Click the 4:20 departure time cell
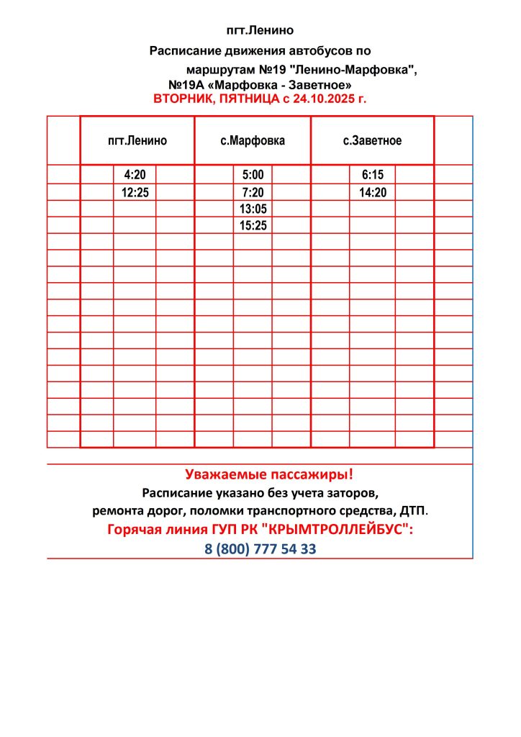click(135, 175)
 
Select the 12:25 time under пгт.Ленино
click(135, 192)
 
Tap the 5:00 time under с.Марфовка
click(253, 175)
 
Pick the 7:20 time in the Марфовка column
click(253, 192)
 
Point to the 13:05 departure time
click(253, 209)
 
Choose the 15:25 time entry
click(253, 225)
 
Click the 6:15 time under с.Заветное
click(373, 175)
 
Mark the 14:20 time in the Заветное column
click(373, 192)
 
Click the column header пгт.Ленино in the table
click(137, 141)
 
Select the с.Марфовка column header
click(253, 141)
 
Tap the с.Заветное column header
click(372, 141)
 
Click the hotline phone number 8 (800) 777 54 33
click(260, 549)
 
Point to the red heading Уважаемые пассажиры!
click(269, 475)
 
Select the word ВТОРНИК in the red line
click(182, 99)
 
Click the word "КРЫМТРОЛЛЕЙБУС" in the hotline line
click(339, 530)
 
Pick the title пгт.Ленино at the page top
click(260, 30)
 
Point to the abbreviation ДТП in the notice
click(413, 512)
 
